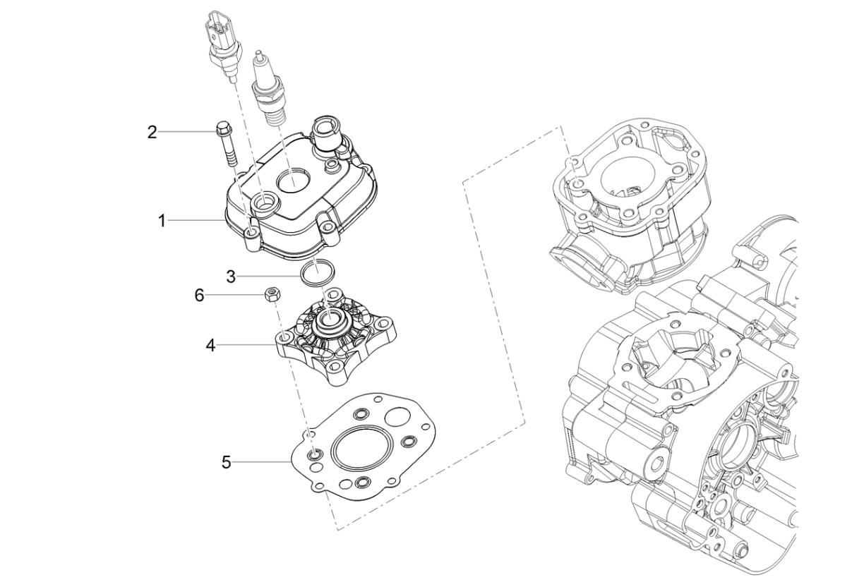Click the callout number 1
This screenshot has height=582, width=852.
click(161, 221)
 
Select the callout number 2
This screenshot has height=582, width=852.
click(152, 132)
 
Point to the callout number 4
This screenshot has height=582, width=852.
click(211, 346)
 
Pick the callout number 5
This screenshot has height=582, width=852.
click(226, 463)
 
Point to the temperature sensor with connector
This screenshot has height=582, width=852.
click(222, 42)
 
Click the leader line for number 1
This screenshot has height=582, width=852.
click(198, 221)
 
